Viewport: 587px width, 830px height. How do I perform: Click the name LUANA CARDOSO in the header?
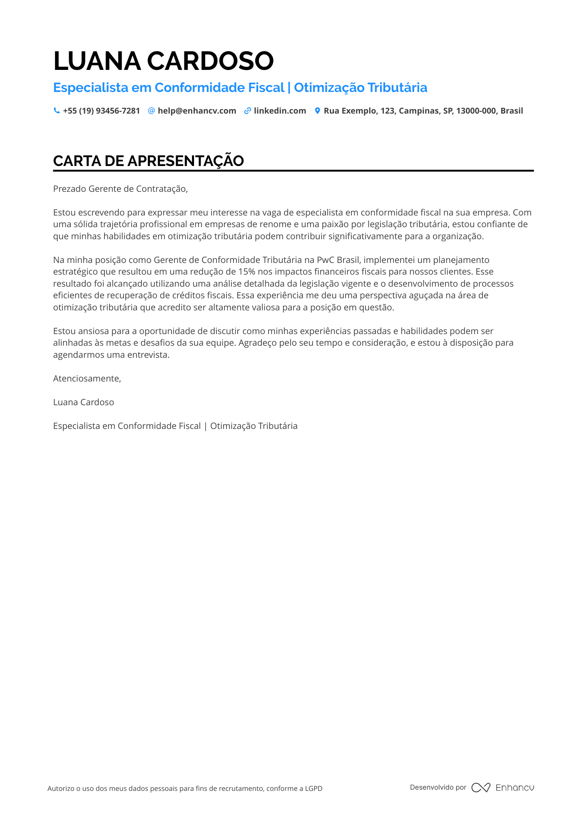163,61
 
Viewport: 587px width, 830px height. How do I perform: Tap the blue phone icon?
57,111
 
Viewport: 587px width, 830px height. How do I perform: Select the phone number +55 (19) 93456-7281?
101,111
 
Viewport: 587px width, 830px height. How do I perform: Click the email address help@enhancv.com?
197,111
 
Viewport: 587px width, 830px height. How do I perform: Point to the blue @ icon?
152,111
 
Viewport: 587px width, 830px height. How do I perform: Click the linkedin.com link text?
280,111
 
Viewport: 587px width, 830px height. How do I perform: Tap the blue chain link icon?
248,111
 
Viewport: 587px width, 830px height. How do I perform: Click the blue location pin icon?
317,111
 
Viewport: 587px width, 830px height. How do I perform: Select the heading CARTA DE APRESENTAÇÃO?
148,161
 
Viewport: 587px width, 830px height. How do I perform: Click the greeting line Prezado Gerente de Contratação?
120,189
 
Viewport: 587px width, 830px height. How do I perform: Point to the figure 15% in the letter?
246,272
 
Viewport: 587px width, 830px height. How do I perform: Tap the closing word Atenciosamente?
87,379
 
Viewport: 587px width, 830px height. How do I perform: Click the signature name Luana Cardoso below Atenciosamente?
83,402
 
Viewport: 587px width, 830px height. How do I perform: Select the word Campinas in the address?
417,111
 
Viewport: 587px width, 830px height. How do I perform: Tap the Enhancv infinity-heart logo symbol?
480,788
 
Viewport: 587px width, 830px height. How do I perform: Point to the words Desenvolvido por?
438,787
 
